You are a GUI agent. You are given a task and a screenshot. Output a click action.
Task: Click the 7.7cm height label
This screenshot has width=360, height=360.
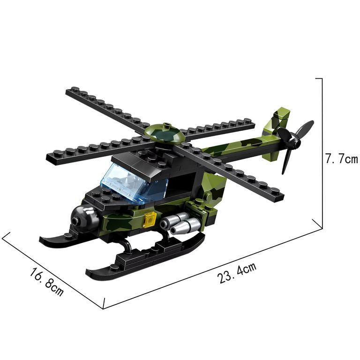click(x=341, y=158)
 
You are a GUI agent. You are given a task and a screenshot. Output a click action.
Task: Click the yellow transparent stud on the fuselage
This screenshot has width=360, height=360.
click(x=150, y=219)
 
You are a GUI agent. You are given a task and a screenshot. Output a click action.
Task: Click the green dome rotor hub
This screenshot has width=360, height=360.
click(x=165, y=133)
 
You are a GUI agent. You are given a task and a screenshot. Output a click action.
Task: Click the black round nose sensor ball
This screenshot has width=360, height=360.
click(x=84, y=219)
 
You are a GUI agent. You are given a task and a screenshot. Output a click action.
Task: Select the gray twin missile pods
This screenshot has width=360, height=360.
click(x=180, y=224)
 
